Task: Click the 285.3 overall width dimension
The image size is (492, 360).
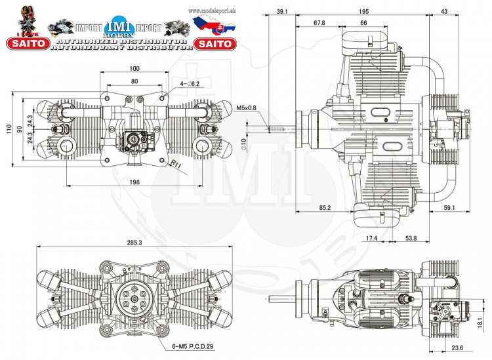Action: [x=134, y=243]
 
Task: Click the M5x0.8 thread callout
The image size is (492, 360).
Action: [x=247, y=109]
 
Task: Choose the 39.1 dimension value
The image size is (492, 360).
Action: [x=283, y=12]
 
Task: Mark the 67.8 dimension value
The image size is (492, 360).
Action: [x=319, y=23]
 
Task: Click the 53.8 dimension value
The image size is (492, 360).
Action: [x=411, y=237]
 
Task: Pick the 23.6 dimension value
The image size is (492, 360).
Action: [x=457, y=348]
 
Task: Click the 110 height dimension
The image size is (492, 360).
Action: [x=8, y=129]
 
